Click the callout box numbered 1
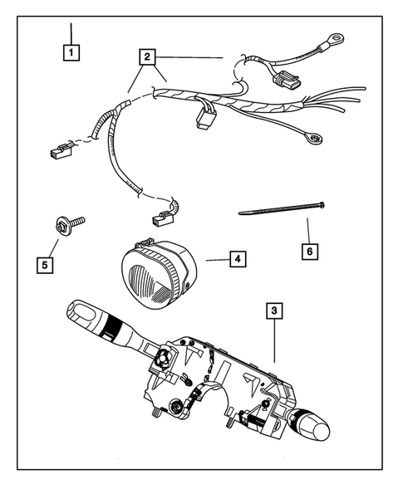coord(73,52)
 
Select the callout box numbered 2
coord(147,57)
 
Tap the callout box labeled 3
coord(273,312)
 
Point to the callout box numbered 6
coord(310,249)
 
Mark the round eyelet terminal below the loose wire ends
coord(312,138)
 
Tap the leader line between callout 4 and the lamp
coord(214,260)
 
